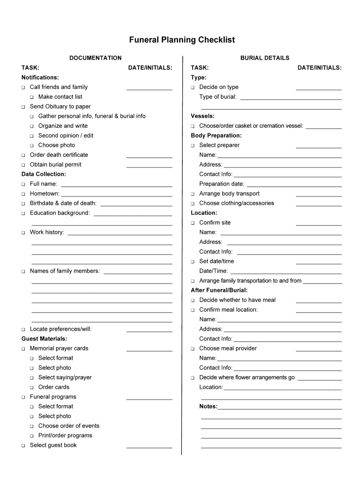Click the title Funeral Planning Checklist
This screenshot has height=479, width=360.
[182, 40]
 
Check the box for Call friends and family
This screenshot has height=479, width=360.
[23, 87]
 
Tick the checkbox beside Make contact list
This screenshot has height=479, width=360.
[32, 97]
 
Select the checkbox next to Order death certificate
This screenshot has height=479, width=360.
[23, 155]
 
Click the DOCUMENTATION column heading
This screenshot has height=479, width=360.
[95, 58]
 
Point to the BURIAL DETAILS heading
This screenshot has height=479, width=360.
[265, 58]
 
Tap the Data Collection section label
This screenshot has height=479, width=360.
[43, 174]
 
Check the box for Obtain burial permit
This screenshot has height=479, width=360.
[23, 165]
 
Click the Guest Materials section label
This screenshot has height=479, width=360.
[44, 338]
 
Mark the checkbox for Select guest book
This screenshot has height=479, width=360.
[23, 446]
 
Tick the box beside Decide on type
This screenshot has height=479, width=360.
[192, 87]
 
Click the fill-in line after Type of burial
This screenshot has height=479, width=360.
[290, 98]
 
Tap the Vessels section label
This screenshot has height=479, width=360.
[202, 116]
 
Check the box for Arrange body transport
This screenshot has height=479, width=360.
[192, 194]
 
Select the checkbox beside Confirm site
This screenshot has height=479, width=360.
[192, 223]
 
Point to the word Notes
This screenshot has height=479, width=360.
[208, 406]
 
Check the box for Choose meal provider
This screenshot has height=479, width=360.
[192, 349]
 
